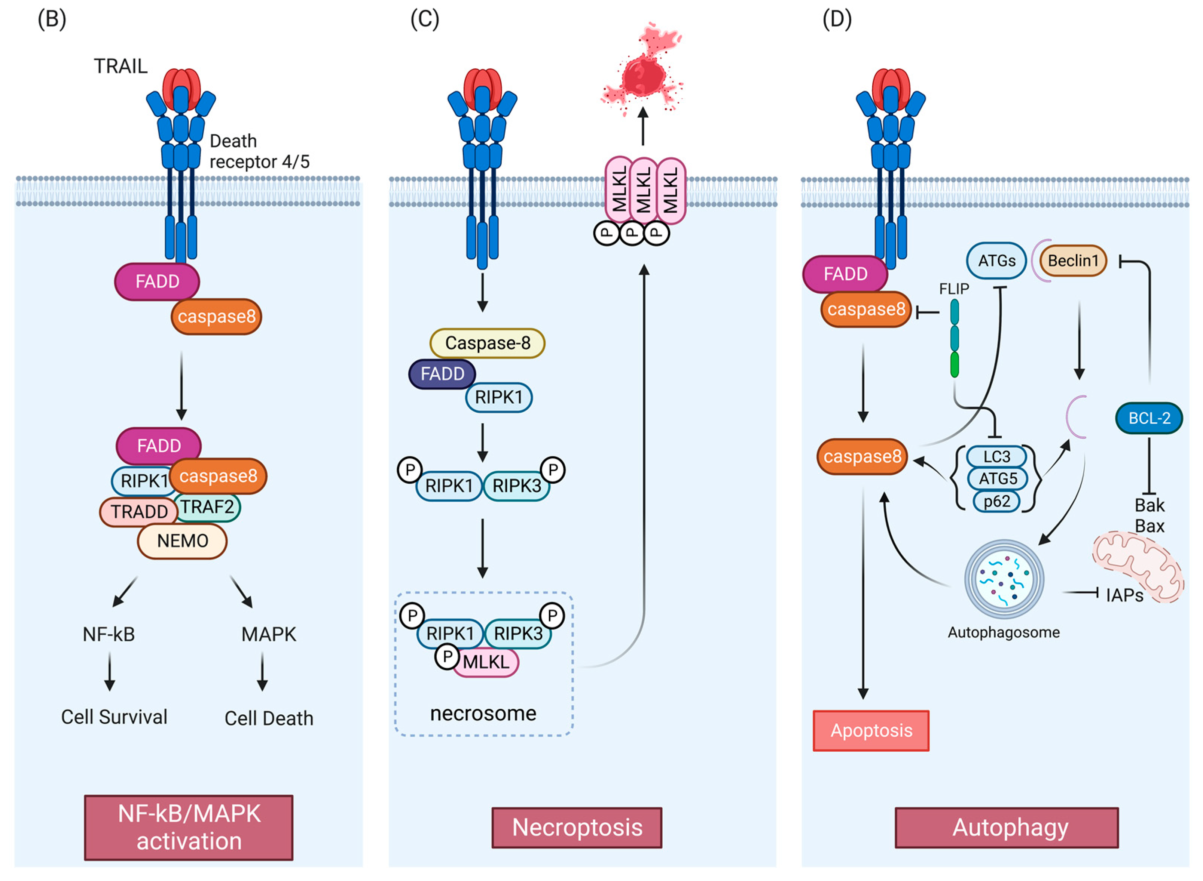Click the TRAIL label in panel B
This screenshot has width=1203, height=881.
point(120,66)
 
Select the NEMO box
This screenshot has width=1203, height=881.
point(182,541)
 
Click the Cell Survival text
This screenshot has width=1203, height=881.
point(114,717)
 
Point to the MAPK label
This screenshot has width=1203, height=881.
point(268,634)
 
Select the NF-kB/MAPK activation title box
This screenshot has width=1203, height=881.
point(189,827)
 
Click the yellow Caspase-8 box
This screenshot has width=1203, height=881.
point(487,343)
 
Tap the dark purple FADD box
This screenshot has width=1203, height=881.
point(442,374)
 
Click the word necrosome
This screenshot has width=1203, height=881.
point(483,713)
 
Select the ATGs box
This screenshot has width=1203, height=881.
point(996,261)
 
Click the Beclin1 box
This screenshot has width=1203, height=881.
point(1073,261)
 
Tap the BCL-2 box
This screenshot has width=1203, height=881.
point(1149,418)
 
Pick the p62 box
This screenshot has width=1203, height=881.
point(996,501)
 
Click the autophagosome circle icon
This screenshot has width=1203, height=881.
point(1004,579)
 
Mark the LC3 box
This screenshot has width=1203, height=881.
point(996,456)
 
